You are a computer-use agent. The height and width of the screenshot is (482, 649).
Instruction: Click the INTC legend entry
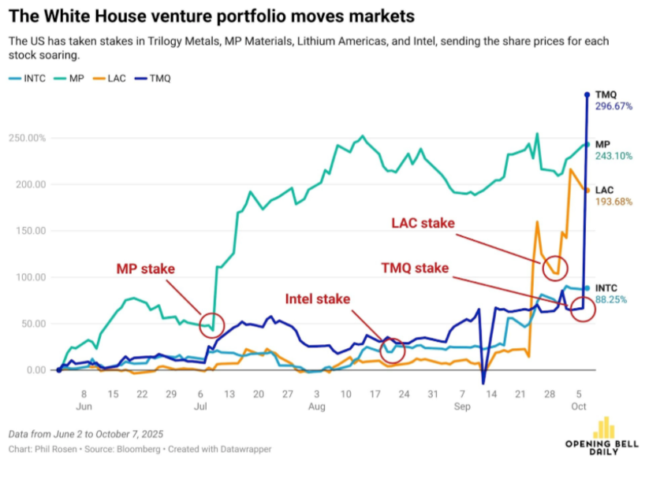click(30, 78)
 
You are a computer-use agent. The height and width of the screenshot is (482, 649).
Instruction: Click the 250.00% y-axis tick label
click(27, 139)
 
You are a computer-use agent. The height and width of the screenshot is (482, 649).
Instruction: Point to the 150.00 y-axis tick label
click(30, 232)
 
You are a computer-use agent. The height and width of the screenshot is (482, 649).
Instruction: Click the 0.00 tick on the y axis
click(35, 370)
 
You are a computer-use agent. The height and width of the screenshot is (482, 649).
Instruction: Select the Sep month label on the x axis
click(462, 406)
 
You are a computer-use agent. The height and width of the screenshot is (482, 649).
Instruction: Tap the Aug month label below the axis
click(316, 406)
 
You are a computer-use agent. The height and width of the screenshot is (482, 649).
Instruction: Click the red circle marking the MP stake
click(212, 323)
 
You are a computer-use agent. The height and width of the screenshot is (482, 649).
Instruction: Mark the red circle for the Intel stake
click(392, 348)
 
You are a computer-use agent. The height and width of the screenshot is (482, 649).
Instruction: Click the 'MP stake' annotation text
click(145, 269)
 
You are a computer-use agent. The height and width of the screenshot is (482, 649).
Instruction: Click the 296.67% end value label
click(614, 106)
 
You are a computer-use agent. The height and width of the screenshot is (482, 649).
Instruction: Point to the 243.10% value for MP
click(614, 156)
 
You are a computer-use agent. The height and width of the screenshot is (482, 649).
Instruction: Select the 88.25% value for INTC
click(612, 299)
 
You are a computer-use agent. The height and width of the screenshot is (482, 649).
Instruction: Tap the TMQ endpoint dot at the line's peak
click(586, 95)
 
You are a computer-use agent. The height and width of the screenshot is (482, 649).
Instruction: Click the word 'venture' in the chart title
click(172, 15)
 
